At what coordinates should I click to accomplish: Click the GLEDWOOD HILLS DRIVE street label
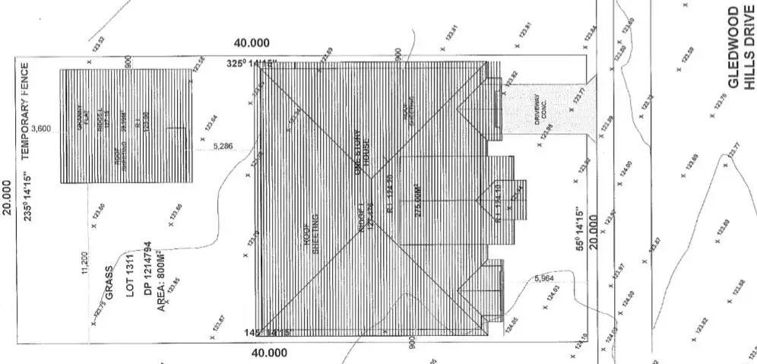pyautogui.click(x=742, y=48)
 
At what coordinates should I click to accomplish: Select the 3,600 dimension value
pyautogui.click(x=42, y=129)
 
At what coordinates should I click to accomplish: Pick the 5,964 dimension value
pyautogui.click(x=544, y=279)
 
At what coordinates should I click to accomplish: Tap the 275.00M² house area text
pyautogui.click(x=417, y=201)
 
